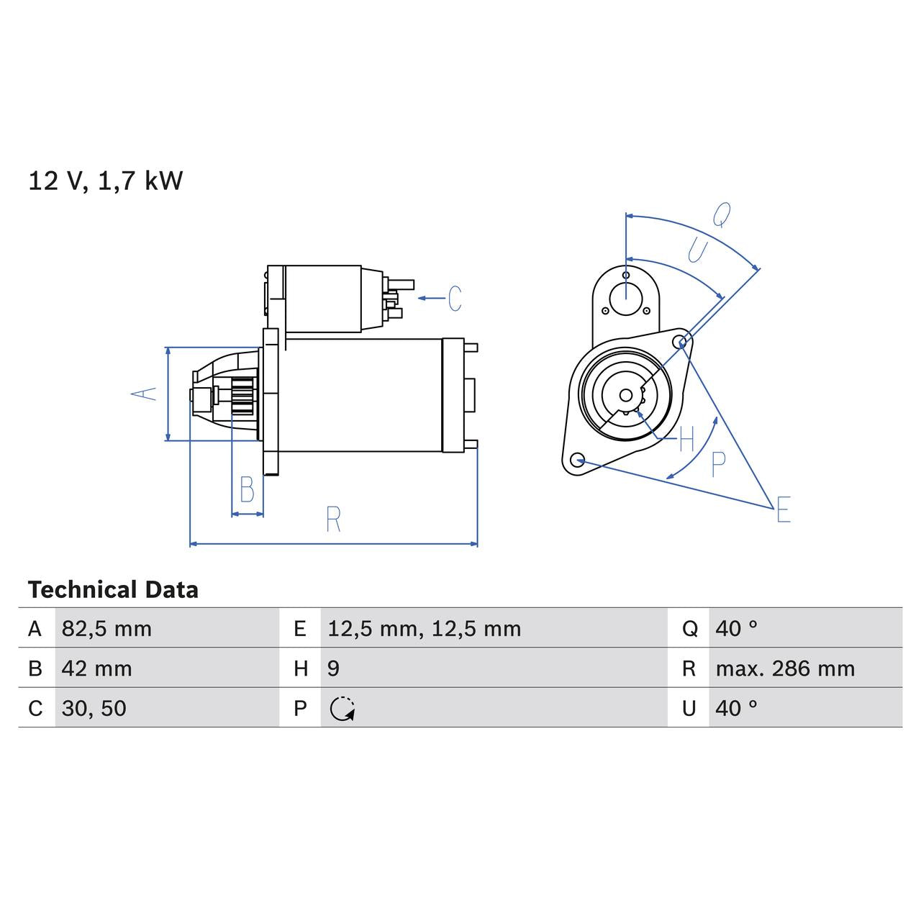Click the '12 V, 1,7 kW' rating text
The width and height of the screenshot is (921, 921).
tap(105, 181)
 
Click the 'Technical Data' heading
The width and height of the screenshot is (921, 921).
tap(113, 590)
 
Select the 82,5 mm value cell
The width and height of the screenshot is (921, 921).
tap(106, 629)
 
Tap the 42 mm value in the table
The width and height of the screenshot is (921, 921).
tap(96, 668)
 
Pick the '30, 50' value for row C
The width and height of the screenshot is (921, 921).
tap(94, 708)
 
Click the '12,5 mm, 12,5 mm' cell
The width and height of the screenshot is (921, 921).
tap(424, 629)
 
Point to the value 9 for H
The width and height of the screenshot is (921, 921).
tap(333, 668)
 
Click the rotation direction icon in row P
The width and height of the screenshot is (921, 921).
tap(342, 709)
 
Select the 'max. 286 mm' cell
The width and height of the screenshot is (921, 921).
tap(785, 668)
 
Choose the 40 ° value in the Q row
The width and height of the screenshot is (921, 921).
tap(736, 629)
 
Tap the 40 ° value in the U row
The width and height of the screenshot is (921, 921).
tap(736, 708)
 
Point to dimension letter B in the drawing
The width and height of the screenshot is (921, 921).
tap(247, 490)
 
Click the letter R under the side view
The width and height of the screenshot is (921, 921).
tap(332, 519)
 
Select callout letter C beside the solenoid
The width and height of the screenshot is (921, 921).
tap(455, 298)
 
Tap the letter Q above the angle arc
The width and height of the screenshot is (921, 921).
tap(721, 214)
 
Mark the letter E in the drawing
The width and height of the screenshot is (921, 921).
tap(783, 509)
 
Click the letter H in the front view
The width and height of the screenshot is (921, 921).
tap(686, 438)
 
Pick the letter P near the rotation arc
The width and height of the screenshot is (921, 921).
tap(717, 465)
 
